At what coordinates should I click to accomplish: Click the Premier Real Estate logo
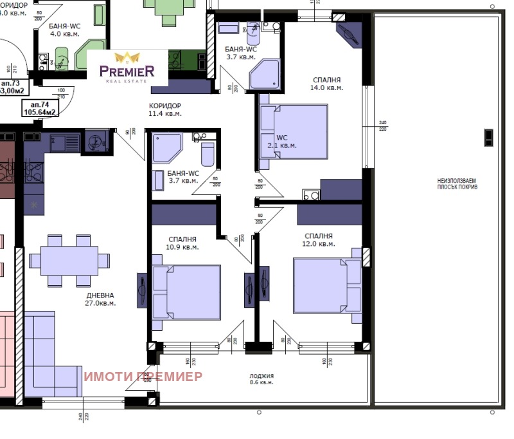point(127,66)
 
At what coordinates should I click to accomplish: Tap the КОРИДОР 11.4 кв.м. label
point(165,109)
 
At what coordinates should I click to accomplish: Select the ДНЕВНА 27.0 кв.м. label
point(101,299)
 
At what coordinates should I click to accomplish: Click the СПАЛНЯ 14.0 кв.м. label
point(326,84)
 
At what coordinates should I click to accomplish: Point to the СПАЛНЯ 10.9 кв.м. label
point(182,243)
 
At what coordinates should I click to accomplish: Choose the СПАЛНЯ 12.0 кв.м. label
point(319,240)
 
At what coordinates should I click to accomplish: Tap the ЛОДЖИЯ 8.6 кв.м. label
point(261,379)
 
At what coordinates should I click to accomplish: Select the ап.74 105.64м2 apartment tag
point(40,107)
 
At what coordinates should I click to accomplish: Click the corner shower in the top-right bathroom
point(265,75)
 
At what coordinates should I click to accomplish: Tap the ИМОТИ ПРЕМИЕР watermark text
point(143,377)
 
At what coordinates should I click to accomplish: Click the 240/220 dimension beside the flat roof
point(383,126)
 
